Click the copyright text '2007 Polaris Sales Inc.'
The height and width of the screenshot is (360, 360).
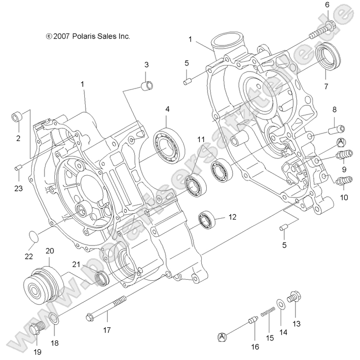[88, 36]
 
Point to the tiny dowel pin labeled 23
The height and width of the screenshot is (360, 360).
[18, 168]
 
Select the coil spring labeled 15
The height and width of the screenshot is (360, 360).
[268, 310]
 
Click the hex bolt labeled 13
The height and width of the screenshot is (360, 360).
[295, 297]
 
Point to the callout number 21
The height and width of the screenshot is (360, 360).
[76, 265]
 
